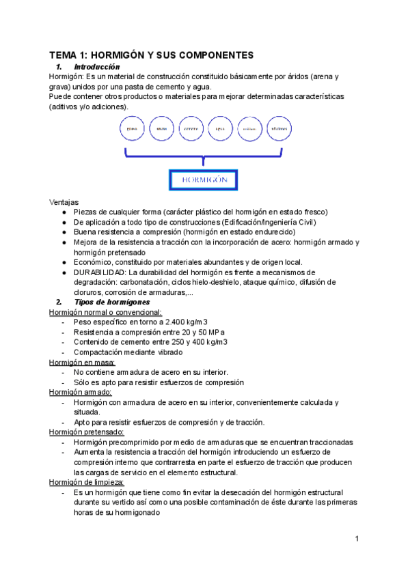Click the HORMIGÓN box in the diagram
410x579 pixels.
pyautogui.click(x=203, y=180)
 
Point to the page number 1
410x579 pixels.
pyautogui.click(x=357, y=539)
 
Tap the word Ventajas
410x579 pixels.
pyautogui.click(x=64, y=202)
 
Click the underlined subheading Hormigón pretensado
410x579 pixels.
pyautogui.click(x=87, y=432)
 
